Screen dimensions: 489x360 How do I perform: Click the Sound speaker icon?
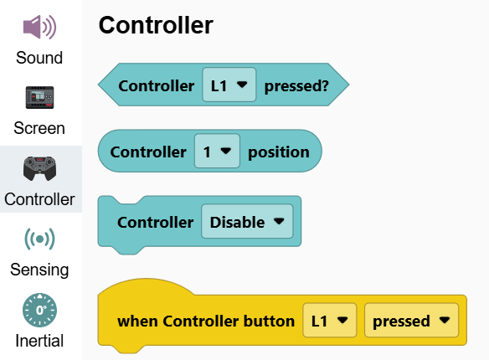(39, 27)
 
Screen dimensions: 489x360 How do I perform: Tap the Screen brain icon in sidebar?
(39, 98)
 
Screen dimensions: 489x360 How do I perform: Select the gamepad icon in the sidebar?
(39, 168)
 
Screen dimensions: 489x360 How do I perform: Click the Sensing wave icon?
(39, 239)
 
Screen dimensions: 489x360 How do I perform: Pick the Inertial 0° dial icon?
(39, 310)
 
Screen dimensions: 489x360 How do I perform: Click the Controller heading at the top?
(156, 25)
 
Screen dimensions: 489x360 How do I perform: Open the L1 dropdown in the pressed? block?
(229, 85)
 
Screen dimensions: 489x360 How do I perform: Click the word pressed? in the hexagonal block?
(296, 86)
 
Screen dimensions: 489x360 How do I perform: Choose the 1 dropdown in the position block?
(217, 151)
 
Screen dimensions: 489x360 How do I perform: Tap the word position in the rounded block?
(279, 152)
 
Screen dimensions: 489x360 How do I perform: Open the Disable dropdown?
(247, 221)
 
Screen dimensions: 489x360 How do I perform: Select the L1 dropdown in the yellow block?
(330, 320)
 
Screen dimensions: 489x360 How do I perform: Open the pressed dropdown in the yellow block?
(412, 320)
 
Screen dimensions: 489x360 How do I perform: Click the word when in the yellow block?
(136, 321)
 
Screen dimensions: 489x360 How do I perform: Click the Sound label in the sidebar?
(39, 58)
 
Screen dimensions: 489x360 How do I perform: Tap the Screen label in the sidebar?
(39, 128)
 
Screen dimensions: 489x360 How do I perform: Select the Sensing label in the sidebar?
(39, 270)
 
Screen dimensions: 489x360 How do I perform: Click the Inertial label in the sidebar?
(39, 341)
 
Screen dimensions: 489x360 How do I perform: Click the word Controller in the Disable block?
(155, 222)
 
